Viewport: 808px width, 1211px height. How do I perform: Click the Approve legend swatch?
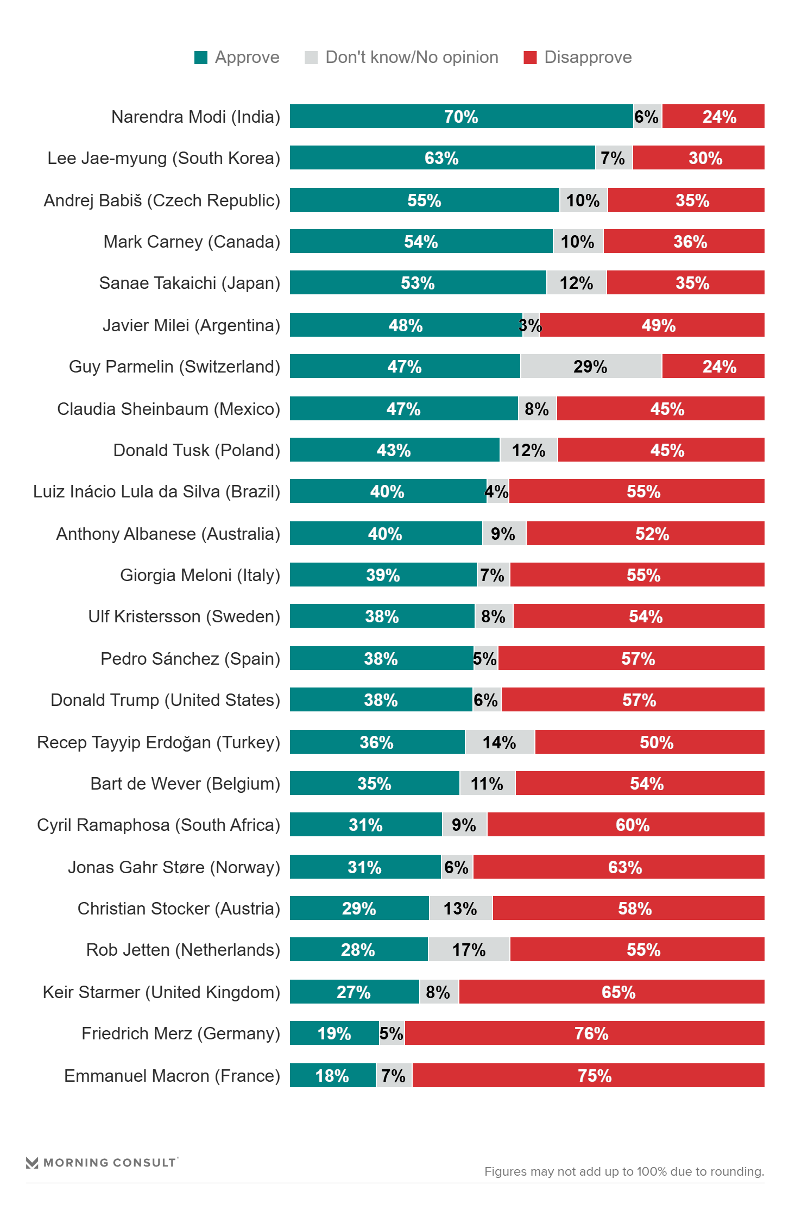click(x=201, y=58)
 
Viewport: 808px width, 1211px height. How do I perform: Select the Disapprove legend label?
click(x=588, y=58)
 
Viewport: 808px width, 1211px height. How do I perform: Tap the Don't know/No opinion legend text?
click(x=412, y=58)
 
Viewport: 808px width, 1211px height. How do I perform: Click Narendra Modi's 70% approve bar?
click(x=461, y=117)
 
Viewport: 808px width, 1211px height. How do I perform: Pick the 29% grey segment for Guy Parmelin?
click(x=591, y=367)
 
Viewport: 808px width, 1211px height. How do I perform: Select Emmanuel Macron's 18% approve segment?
click(x=332, y=1076)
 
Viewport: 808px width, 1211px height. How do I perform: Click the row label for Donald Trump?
click(x=166, y=700)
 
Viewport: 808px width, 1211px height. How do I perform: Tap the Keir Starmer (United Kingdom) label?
click(x=161, y=992)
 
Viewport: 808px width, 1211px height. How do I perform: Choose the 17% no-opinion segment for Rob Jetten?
click(x=469, y=950)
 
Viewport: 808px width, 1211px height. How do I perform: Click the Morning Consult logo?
click(x=102, y=1163)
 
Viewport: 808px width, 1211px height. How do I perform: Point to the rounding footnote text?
click(x=624, y=1171)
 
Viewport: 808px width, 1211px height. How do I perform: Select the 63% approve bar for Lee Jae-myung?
click(x=442, y=158)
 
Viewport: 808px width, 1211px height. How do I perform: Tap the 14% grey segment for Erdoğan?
click(x=500, y=742)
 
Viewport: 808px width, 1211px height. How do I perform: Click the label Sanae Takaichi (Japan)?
click(x=190, y=283)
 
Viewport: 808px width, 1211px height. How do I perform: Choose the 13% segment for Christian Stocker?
click(x=460, y=909)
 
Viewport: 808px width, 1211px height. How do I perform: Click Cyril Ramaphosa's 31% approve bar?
click(x=365, y=825)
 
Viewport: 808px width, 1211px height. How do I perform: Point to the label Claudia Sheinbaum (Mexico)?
click(x=168, y=409)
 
